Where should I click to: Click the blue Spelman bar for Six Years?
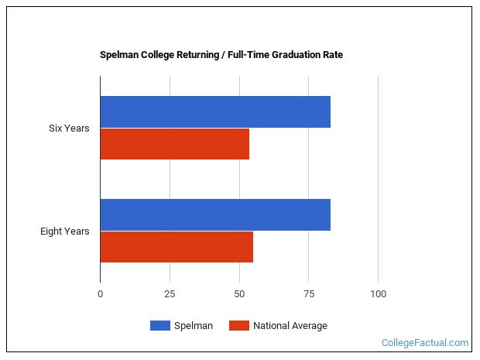[x=215, y=111]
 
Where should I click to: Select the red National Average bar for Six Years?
[x=174, y=143]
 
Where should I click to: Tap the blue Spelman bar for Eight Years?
[x=215, y=214]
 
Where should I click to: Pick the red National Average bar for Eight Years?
[x=177, y=246]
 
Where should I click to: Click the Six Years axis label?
[x=69, y=128]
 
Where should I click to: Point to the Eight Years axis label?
[x=65, y=231]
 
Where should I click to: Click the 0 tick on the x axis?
[x=100, y=294]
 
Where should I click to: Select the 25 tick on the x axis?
[x=170, y=294]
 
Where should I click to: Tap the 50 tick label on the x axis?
[x=239, y=294]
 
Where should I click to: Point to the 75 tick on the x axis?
[x=308, y=294]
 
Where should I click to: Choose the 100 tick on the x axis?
[x=378, y=294]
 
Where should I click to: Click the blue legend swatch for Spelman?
[x=159, y=326]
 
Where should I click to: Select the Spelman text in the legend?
[x=194, y=326]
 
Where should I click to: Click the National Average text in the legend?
[x=290, y=326]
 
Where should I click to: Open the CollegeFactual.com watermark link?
[x=425, y=342]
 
